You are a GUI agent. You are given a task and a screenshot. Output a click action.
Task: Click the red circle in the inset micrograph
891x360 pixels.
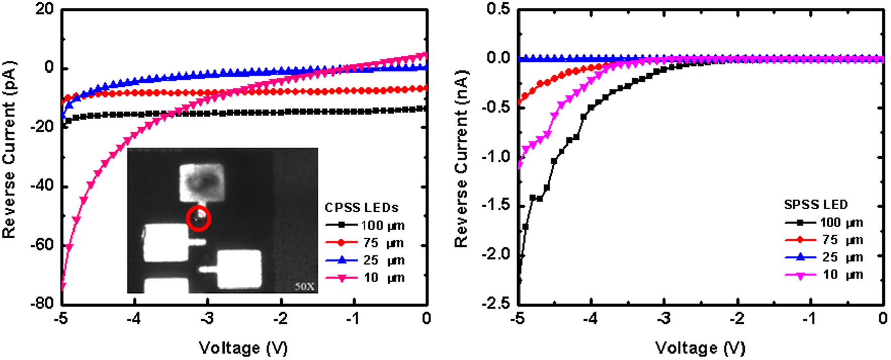[x=198, y=218]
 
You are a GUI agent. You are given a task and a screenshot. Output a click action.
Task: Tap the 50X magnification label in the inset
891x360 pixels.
[x=305, y=286]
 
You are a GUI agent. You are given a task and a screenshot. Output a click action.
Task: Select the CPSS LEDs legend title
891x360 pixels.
[x=361, y=208]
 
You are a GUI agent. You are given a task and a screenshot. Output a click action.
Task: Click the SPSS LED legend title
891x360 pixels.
[x=815, y=205]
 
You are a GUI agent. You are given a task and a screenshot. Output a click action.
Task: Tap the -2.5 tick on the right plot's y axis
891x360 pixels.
[x=495, y=303]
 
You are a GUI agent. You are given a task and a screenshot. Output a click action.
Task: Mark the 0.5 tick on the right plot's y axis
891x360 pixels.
[x=498, y=9]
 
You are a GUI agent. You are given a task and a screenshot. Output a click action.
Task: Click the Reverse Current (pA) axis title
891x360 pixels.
[x=9, y=150]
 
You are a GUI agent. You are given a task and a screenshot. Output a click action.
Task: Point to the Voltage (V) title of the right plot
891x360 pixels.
[x=700, y=347]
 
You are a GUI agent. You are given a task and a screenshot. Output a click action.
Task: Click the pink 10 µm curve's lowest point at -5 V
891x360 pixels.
[x=63, y=287]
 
